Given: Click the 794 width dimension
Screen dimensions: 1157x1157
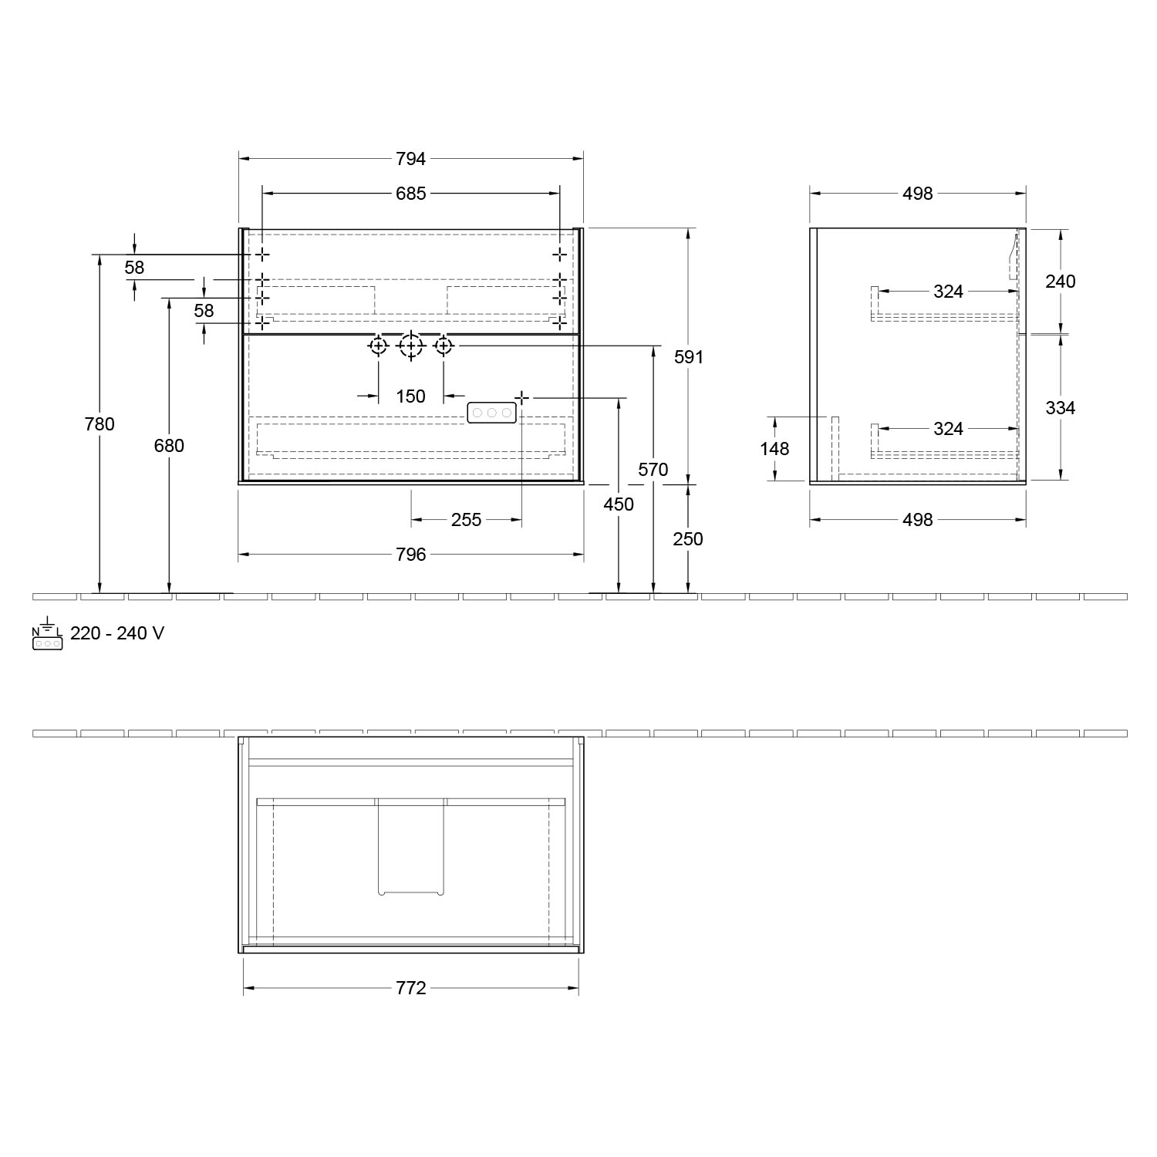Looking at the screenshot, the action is coord(410,159).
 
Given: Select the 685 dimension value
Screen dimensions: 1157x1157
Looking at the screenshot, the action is coord(410,194).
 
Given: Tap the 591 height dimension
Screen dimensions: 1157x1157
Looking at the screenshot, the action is coord(688,357).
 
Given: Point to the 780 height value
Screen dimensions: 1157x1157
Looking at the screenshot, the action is coord(100,424).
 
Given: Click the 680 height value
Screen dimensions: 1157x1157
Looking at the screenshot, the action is coord(169,446).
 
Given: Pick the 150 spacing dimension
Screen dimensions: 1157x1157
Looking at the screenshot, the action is coord(410,396).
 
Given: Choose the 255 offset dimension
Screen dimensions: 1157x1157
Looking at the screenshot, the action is coord(466,521).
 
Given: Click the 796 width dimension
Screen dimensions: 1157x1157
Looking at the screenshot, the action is coord(410,555).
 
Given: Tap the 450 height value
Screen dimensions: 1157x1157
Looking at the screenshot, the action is coord(619,504).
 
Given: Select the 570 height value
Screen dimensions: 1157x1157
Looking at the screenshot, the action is coord(653,470).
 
